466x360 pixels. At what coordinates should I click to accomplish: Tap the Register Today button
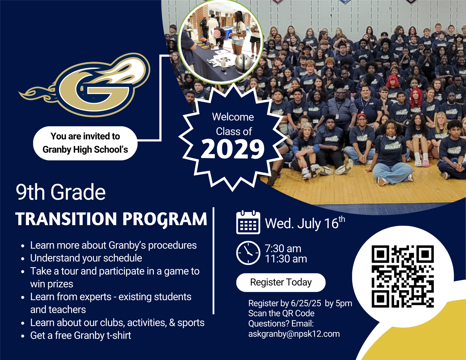281,282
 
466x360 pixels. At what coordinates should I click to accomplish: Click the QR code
403,276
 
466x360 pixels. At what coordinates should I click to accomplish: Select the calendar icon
248,222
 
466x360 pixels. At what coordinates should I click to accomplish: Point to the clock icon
248,253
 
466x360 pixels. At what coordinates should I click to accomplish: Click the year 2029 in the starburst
233,149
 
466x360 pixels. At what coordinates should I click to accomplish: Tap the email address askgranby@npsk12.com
294,334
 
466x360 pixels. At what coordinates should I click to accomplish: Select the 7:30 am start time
283,249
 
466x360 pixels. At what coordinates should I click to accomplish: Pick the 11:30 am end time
286,259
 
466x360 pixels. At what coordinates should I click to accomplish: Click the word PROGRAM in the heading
165,219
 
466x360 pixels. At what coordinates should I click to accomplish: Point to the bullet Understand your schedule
86,258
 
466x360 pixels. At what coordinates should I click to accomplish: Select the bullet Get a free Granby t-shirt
80,335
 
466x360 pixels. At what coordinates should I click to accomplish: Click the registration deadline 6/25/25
306,303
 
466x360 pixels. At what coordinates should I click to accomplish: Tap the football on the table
204,40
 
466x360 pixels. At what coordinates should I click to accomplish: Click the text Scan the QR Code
281,313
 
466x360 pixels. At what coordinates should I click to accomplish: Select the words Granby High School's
85,150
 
